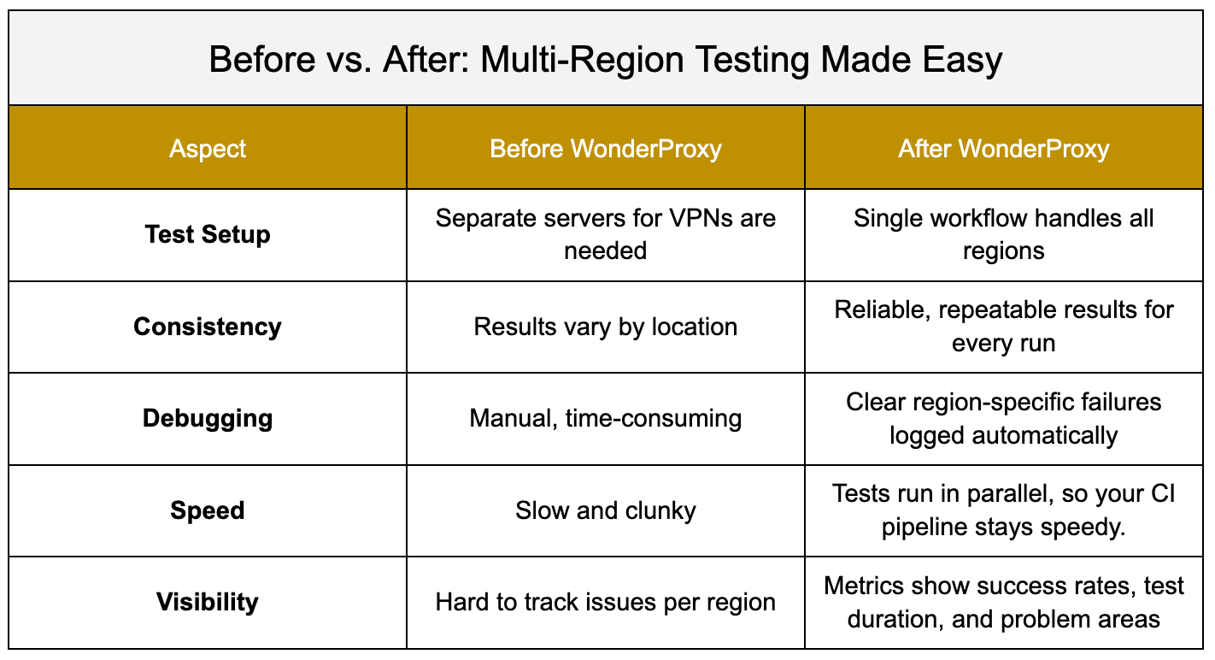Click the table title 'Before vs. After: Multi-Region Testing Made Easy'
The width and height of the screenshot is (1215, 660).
click(x=605, y=59)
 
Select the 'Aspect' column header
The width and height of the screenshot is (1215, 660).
click(x=208, y=149)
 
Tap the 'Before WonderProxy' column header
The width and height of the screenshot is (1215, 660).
click(x=605, y=149)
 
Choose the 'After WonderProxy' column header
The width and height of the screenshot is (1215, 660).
click(x=1003, y=149)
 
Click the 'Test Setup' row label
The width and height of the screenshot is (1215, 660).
click(x=208, y=234)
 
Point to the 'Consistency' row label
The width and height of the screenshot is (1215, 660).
click(x=208, y=327)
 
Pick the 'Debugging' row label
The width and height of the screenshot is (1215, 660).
click(x=208, y=418)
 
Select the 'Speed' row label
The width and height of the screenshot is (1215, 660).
click(x=208, y=510)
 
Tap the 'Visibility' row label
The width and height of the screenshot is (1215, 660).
click(x=208, y=602)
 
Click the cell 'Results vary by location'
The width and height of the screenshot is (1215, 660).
click(x=605, y=327)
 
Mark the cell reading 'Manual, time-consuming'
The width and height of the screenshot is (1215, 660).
click(x=605, y=418)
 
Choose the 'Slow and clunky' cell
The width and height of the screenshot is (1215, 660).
click(x=605, y=510)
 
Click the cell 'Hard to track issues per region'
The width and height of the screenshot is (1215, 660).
click(x=605, y=602)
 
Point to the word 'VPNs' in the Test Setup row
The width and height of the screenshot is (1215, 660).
click(x=700, y=218)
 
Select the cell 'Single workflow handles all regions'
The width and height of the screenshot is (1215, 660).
click(x=1003, y=234)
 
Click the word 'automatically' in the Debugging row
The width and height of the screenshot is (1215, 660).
click(x=1045, y=436)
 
